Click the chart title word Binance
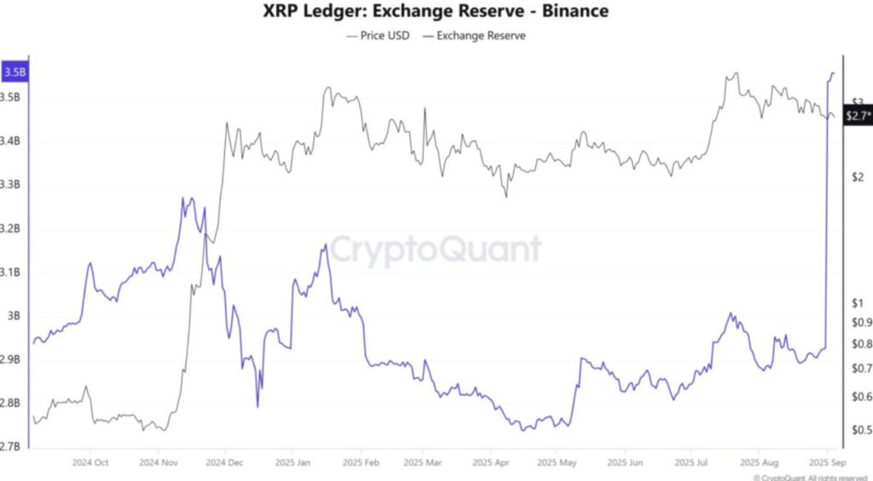click(x=576, y=12)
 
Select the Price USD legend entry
click(x=380, y=36)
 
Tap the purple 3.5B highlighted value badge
click(x=14, y=73)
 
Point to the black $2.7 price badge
click(x=858, y=116)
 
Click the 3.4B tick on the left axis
click(x=12, y=141)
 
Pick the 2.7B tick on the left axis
click(x=12, y=446)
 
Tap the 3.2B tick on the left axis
click(x=12, y=229)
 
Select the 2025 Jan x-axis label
click(x=292, y=462)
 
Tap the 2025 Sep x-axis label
click(x=826, y=462)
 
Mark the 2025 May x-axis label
click(x=556, y=462)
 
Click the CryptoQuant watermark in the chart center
click(x=436, y=250)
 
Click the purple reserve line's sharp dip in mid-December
click(x=258, y=406)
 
